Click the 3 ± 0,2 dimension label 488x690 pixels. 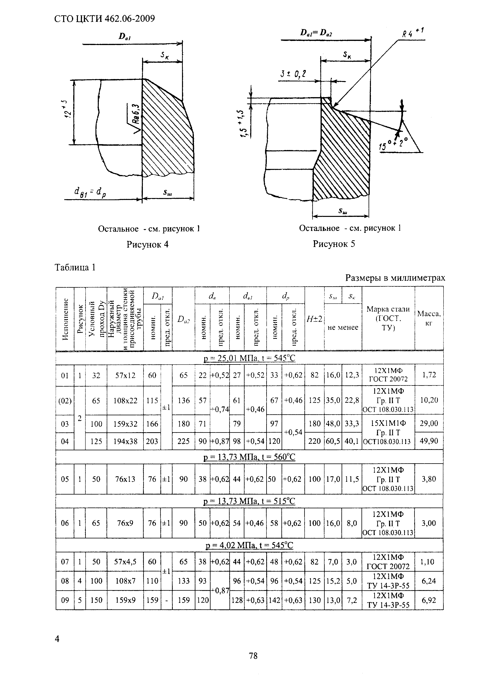[x=293, y=74]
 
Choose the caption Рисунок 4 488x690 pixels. [x=147, y=245]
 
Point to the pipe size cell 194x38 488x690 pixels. [x=125, y=441]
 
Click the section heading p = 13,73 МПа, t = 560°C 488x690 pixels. [x=249, y=457]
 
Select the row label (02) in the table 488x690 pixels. [x=65, y=401]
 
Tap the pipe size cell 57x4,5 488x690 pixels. [x=125, y=562]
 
